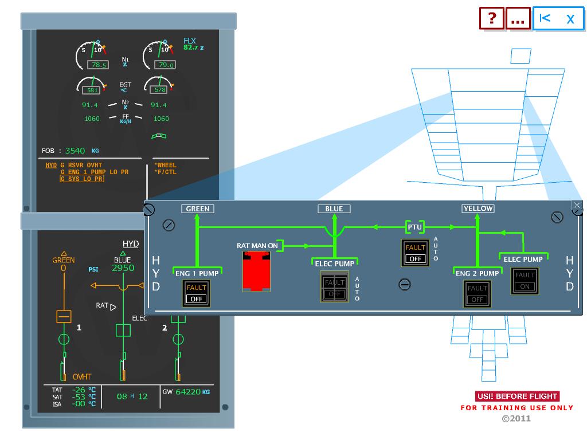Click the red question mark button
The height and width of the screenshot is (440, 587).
click(x=492, y=18)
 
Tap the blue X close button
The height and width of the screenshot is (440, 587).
click(x=570, y=18)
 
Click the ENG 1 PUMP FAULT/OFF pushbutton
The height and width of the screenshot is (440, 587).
click(x=197, y=293)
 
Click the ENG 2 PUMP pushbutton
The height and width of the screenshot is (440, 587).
click(x=478, y=294)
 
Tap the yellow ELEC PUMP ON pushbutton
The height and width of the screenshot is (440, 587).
click(x=525, y=281)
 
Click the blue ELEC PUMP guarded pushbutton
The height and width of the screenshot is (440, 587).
click(x=334, y=288)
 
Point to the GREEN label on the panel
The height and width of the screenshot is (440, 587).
click(x=198, y=209)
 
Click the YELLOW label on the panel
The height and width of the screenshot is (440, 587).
click(x=478, y=209)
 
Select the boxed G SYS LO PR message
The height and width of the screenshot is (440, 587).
click(x=82, y=179)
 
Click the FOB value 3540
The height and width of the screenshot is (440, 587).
click(x=75, y=151)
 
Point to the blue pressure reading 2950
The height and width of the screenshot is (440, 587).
click(x=123, y=268)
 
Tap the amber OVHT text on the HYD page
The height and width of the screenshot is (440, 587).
click(x=81, y=377)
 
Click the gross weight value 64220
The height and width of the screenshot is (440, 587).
click(x=188, y=392)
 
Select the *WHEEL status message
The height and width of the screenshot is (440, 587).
click(x=166, y=166)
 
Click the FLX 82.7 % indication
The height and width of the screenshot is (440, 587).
click(x=193, y=44)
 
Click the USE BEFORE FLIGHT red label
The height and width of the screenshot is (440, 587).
click(x=517, y=396)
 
